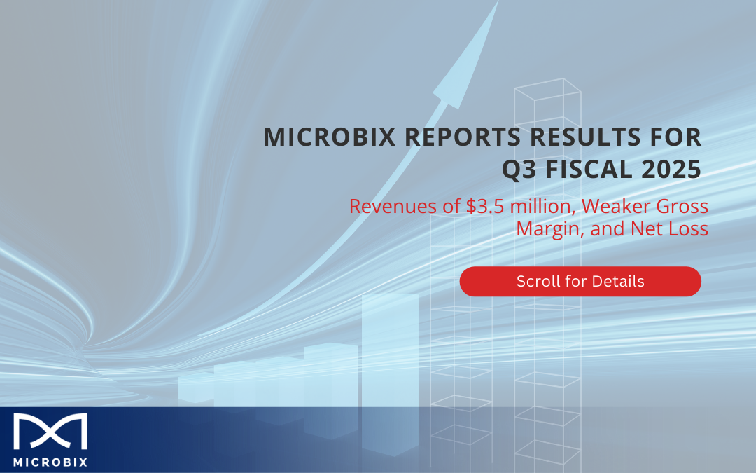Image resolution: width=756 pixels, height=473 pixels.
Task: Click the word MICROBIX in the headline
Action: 329,137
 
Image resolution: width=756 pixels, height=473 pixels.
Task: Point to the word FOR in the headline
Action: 675,137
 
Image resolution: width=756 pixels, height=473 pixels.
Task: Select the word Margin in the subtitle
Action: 550,229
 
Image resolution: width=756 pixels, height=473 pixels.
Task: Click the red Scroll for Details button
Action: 580,282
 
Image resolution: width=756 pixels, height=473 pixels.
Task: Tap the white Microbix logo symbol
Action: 50,432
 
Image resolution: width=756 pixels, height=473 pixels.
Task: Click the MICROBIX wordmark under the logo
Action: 50,462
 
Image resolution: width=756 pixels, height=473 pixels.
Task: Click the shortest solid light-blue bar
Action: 196,388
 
